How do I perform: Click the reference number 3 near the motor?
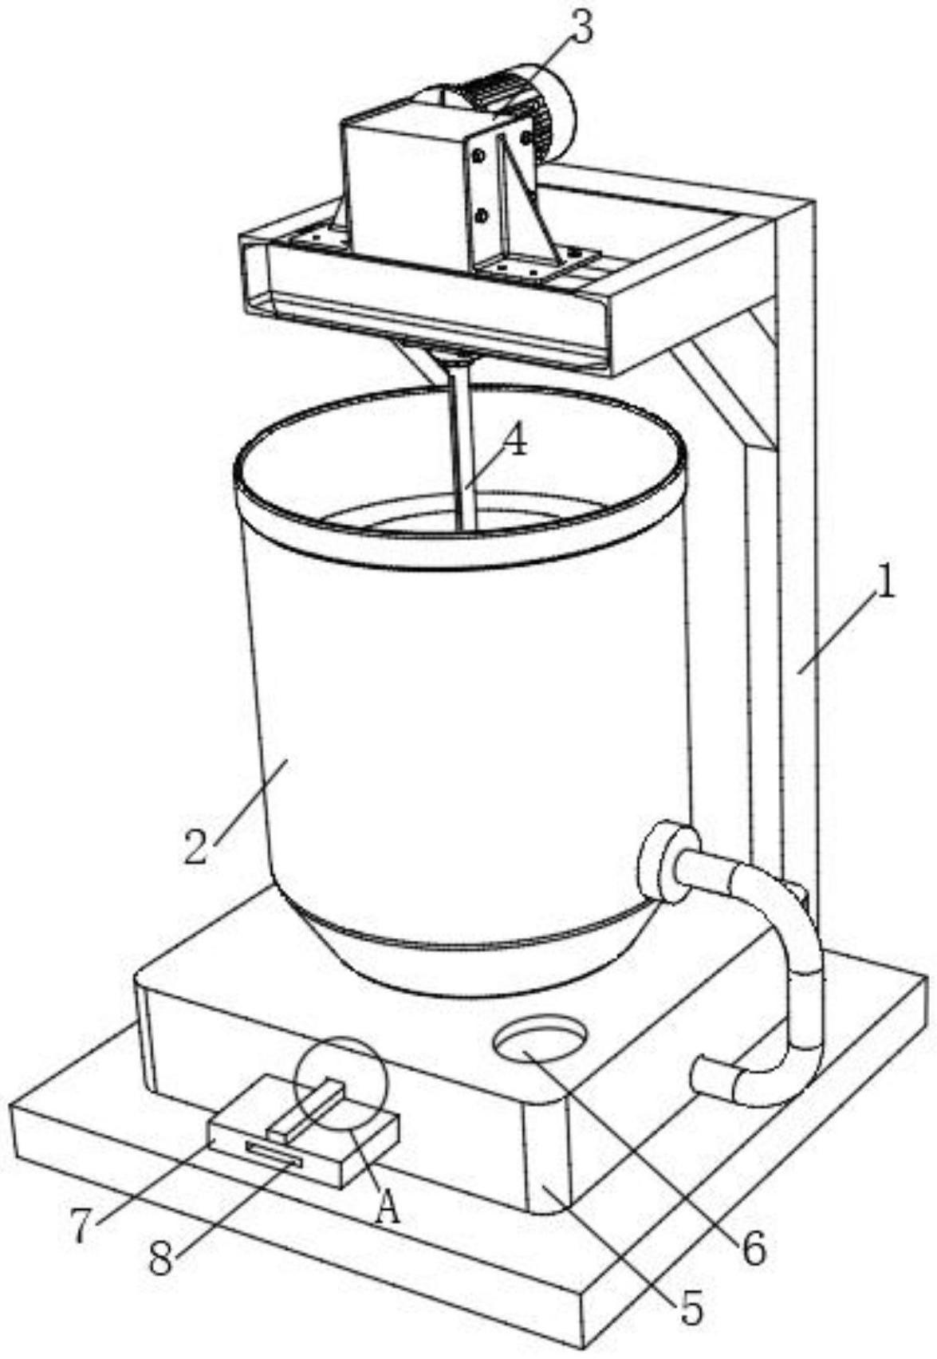click(581, 30)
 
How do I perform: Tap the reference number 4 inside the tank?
click(516, 439)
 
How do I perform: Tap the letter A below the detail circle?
click(388, 1211)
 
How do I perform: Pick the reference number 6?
click(754, 1248)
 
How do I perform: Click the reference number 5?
click(691, 1309)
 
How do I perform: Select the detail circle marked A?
click(341, 1082)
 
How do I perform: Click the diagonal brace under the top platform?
click(722, 391)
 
